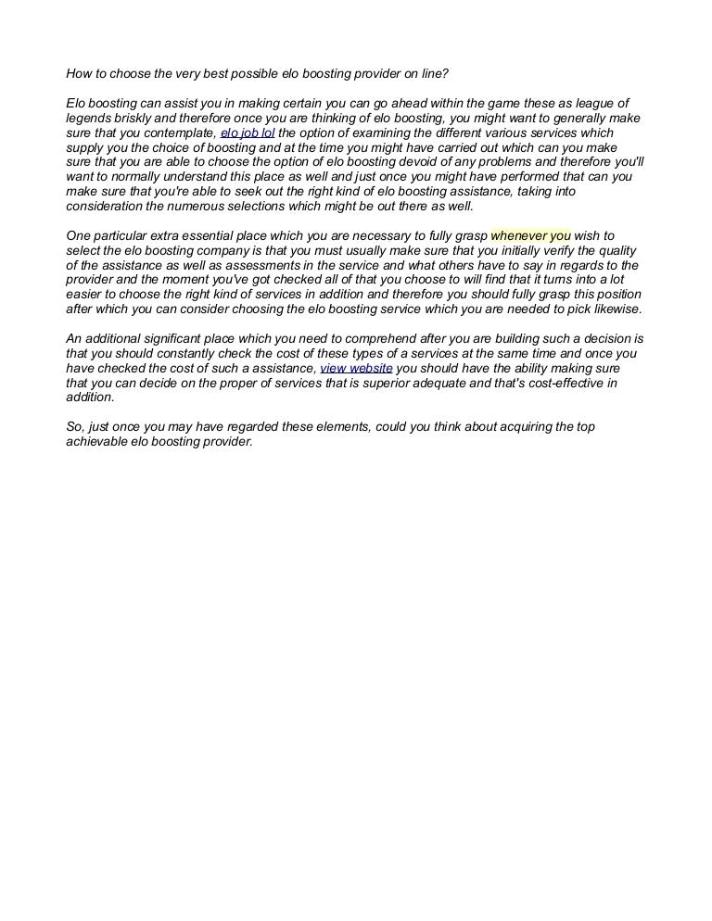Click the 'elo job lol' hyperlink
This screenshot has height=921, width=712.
tap(248, 132)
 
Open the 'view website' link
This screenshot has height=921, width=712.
tap(356, 368)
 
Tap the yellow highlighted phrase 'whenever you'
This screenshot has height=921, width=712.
tap(530, 235)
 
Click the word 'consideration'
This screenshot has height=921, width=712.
tap(104, 206)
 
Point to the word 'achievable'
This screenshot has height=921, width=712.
tap(96, 441)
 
